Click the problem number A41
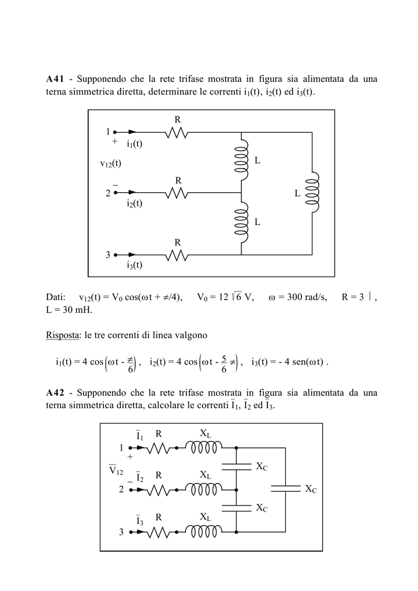(x=55, y=79)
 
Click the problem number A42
(x=55, y=392)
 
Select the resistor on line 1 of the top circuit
(x=177, y=132)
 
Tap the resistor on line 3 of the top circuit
(x=177, y=255)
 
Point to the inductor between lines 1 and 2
(x=241, y=160)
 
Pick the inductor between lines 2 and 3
(x=241, y=222)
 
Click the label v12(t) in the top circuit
(x=110, y=163)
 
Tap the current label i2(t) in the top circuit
(x=135, y=204)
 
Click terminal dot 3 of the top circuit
(x=115, y=255)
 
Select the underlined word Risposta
(x=62, y=335)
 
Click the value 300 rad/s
(x=307, y=297)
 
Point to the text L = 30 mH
(x=69, y=310)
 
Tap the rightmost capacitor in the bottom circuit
(x=285, y=489)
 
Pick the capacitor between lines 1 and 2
(x=236, y=467)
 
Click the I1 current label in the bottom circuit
(x=140, y=435)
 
